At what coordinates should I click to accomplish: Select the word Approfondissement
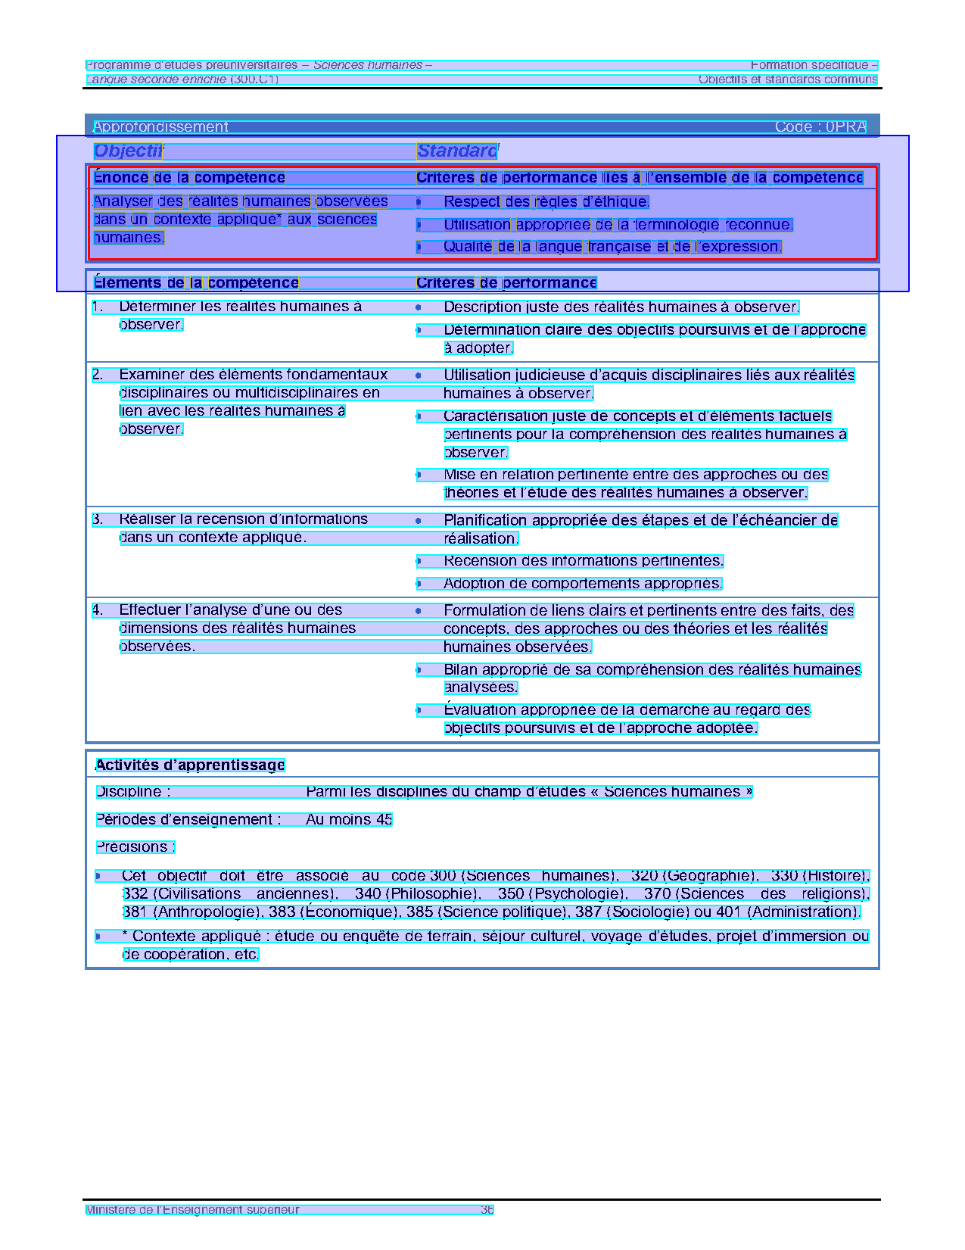click(160, 127)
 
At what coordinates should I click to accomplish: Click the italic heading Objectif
click(128, 151)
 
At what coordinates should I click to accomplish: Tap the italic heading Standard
click(456, 151)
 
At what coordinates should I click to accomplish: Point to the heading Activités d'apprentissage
click(190, 765)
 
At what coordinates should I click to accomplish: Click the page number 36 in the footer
click(487, 1210)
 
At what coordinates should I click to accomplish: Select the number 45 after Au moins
click(384, 819)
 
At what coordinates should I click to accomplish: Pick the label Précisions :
click(135, 846)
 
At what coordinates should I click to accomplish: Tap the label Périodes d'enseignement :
click(188, 819)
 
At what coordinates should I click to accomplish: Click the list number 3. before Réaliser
click(98, 519)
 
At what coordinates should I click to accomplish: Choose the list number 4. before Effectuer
click(98, 610)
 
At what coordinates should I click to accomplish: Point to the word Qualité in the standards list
click(467, 247)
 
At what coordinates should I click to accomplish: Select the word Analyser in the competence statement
click(123, 201)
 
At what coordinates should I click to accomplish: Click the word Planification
click(485, 520)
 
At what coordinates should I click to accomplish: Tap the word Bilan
click(459, 669)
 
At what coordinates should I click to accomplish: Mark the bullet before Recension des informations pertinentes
click(419, 561)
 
